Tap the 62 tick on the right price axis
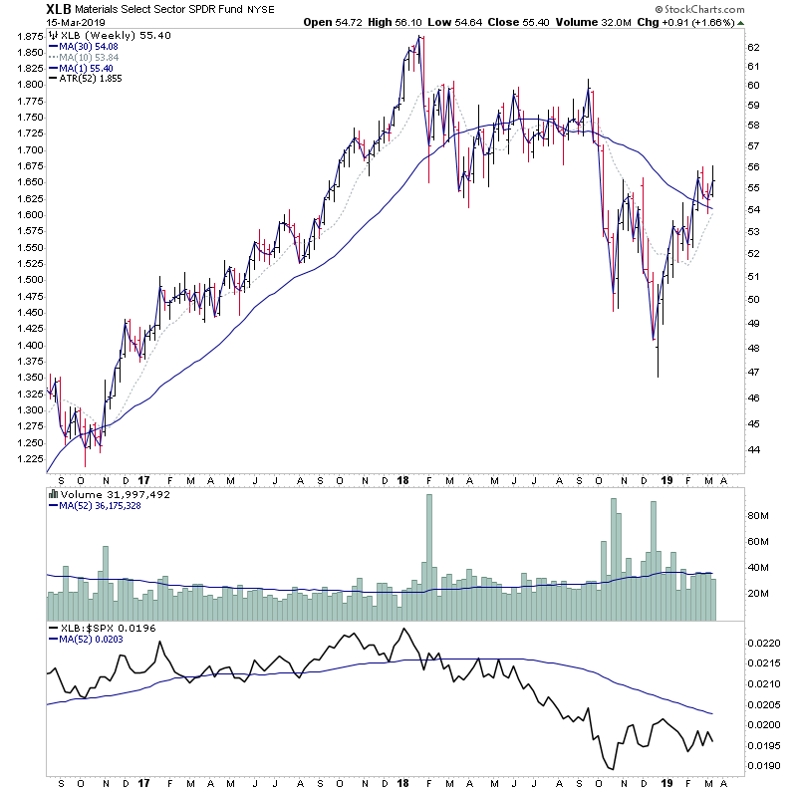coord(754,47)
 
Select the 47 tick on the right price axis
coord(754,372)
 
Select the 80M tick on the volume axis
coord(758,515)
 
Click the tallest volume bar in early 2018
coord(430,558)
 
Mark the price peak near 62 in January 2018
coord(420,38)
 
